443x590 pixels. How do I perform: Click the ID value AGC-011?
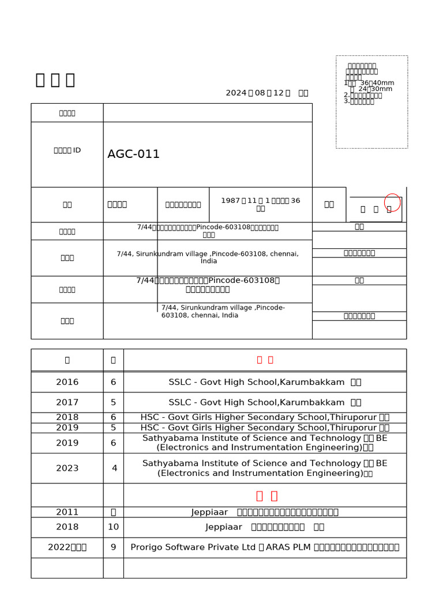133,154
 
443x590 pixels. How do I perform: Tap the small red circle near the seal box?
392,202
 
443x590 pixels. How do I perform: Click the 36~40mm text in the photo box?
377,83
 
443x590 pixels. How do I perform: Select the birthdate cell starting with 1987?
261,204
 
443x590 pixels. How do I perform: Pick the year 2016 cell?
67,382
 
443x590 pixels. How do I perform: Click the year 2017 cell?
67,402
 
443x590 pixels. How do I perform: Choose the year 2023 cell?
67,468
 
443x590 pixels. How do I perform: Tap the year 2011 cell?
67,512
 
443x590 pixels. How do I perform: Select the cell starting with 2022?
67,547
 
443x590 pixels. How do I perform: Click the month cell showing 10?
113,527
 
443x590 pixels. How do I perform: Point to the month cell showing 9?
113,547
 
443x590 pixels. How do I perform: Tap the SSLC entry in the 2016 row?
265,382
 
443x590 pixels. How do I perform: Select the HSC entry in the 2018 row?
265,417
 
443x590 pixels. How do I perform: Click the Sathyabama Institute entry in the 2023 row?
265,468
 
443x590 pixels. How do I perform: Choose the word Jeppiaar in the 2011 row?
210,512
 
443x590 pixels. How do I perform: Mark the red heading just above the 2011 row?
266,496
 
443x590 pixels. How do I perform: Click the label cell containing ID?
67,150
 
